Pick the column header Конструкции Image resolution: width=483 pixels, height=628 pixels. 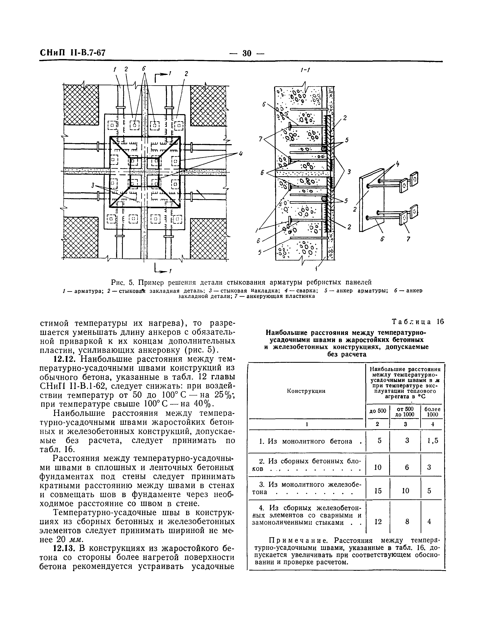pos(306,391)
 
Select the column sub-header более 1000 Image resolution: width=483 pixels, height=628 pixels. pos(432,412)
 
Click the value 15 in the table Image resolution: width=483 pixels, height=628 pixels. pos(378,491)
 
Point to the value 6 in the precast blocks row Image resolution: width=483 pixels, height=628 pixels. pos(407,467)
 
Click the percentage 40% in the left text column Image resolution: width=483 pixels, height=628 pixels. pos(203,404)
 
